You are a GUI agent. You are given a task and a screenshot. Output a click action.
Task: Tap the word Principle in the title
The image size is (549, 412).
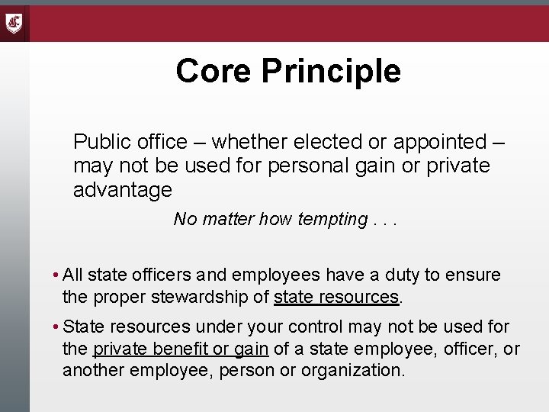[x=331, y=71]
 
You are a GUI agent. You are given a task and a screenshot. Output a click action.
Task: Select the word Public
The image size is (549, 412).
[x=100, y=142]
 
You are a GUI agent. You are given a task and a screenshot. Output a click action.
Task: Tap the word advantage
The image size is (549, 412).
[x=122, y=188]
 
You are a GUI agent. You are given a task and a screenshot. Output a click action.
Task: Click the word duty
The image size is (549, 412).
[x=396, y=274]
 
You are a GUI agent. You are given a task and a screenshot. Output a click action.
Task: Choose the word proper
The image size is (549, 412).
[x=118, y=295]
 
